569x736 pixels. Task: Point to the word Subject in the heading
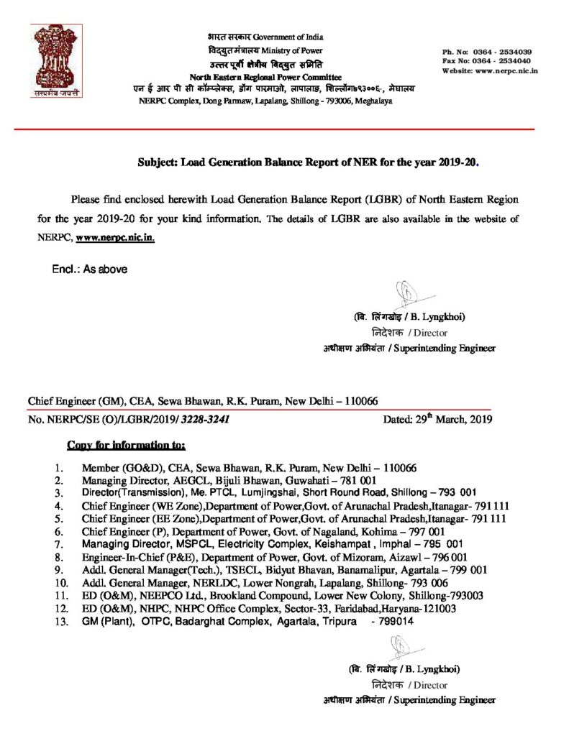coord(158,163)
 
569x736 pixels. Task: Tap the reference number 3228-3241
coord(206,417)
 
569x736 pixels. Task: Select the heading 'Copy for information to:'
coord(126,445)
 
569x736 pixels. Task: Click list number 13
coord(61,622)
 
